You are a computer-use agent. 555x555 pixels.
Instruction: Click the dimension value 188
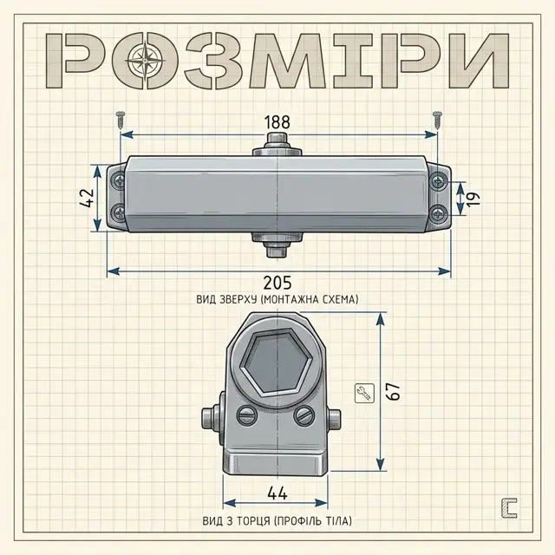277,122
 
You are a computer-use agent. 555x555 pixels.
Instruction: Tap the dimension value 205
277,283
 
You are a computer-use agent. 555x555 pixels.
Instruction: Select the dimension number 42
87,198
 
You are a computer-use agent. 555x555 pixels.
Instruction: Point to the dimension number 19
473,199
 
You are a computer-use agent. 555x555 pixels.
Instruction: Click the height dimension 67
393,391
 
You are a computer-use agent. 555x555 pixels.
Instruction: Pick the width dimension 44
277,493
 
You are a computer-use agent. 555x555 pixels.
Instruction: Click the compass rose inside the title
146,60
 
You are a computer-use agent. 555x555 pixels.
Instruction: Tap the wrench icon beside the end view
364,393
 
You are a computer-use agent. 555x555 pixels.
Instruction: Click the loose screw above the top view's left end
121,120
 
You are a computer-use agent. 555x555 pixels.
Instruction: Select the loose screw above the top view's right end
437,120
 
